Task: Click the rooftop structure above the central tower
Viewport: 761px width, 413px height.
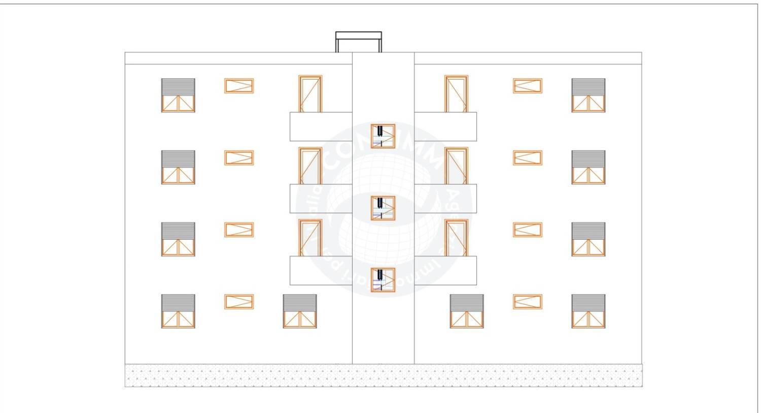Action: click(x=358, y=42)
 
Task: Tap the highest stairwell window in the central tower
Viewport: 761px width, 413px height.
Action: click(x=383, y=136)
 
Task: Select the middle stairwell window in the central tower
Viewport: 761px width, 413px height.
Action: click(x=383, y=208)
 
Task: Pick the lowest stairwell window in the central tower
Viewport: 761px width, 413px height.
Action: click(x=383, y=280)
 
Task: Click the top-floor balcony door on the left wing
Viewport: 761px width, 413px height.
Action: click(x=310, y=94)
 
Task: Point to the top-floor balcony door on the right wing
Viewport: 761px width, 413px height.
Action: click(x=456, y=94)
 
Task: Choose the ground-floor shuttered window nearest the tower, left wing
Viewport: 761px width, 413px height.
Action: click(x=299, y=311)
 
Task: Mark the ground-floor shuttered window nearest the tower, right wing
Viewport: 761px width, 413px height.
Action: click(x=466, y=311)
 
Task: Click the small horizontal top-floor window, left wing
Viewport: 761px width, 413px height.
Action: click(x=239, y=86)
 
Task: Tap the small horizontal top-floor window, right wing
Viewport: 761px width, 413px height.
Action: click(x=527, y=86)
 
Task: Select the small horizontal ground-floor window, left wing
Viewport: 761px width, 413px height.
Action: click(x=239, y=302)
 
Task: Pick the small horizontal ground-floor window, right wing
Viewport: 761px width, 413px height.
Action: click(x=527, y=302)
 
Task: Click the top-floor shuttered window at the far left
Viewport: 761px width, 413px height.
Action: click(x=178, y=95)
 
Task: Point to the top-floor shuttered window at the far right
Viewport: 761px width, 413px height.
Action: click(x=588, y=95)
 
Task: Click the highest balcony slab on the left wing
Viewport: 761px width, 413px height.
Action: click(x=321, y=126)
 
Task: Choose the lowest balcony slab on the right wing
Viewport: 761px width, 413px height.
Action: click(x=445, y=270)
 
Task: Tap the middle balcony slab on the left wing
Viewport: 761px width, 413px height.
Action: click(x=321, y=198)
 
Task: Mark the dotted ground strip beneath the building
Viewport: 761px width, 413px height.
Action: click(x=384, y=376)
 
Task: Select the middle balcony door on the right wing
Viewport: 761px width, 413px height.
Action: click(x=456, y=166)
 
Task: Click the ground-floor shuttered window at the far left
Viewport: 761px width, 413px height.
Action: click(x=178, y=311)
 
